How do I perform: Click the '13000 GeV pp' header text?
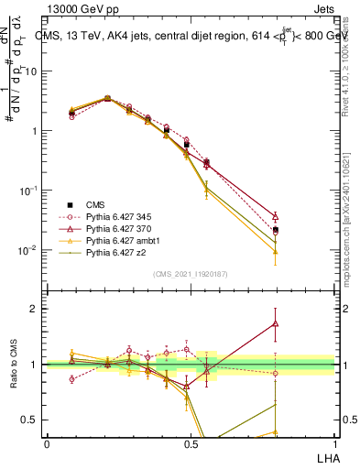pos(84,10)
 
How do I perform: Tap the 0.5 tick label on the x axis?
pos(191,443)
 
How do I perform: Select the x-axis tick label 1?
pos(334,443)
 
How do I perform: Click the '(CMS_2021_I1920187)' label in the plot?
pos(190,272)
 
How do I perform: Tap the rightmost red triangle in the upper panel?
pos(276,217)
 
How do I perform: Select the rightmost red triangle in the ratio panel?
pos(276,323)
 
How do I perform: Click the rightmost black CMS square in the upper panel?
pos(276,229)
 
